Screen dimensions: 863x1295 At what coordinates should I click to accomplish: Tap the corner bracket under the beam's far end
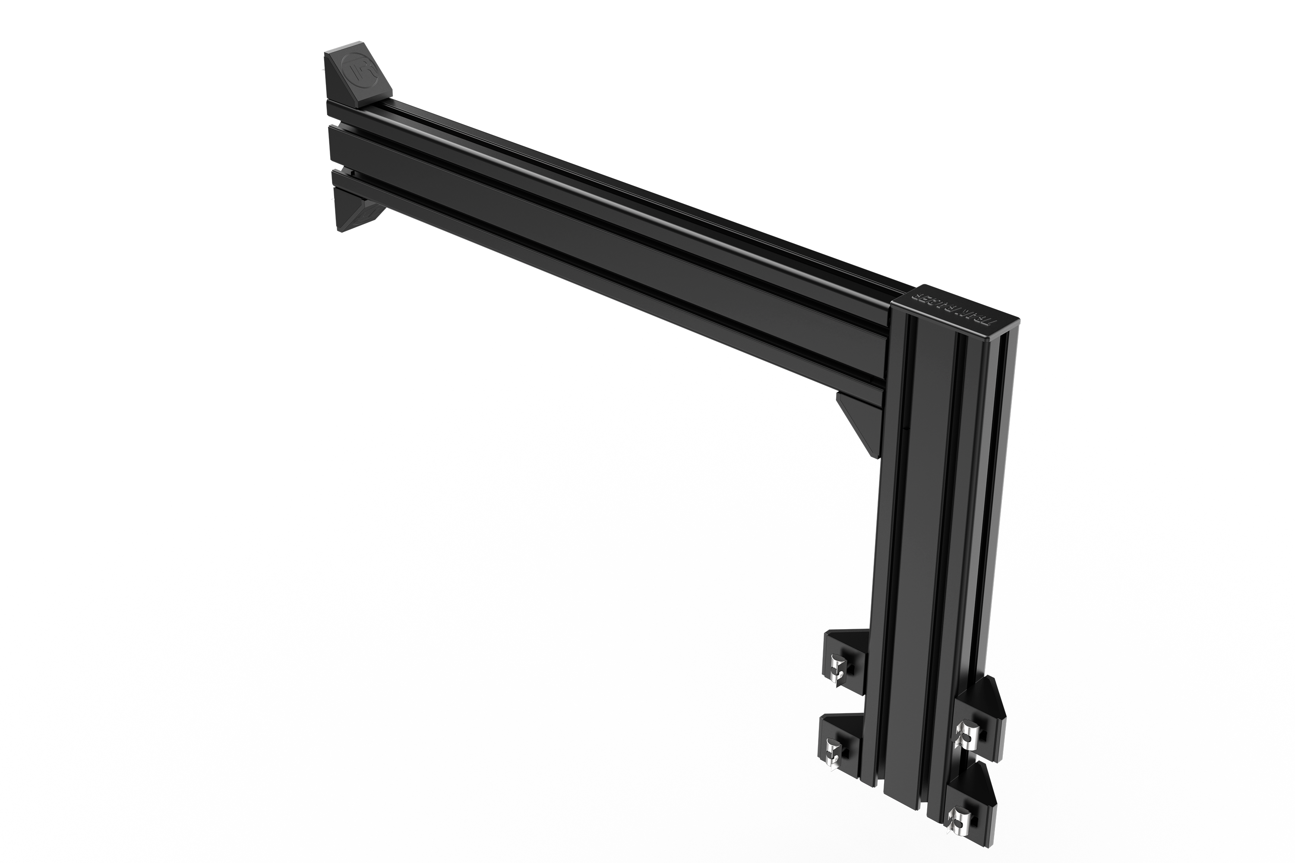coord(355,217)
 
